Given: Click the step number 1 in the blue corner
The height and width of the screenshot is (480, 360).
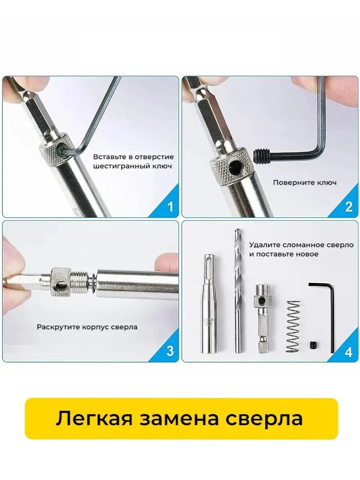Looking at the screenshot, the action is pos(170,207).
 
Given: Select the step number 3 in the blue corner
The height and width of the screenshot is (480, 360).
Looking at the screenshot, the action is pos(170,351).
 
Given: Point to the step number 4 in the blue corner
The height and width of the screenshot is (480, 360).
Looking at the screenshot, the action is pos(349,351).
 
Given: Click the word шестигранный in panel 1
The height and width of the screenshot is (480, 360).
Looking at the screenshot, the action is pos(119,166).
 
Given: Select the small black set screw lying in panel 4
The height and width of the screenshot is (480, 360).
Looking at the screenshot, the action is pos(314,345).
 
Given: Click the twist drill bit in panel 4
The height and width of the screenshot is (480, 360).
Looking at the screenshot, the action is pos(238,291).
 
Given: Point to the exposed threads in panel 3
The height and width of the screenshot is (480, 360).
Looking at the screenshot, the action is pos(80,282).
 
